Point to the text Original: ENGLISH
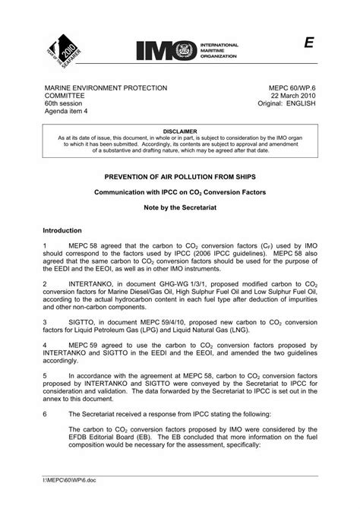point(286,105)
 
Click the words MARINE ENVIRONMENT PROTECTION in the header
point(106,89)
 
